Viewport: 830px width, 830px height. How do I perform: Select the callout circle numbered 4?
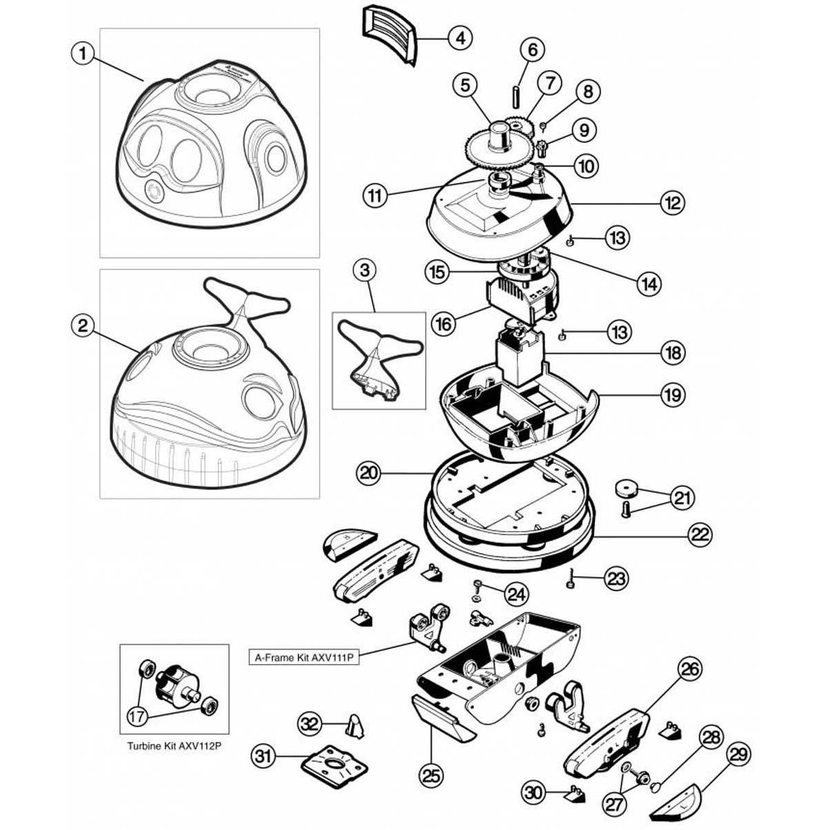(x=459, y=37)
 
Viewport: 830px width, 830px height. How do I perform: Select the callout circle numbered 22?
(x=699, y=534)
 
